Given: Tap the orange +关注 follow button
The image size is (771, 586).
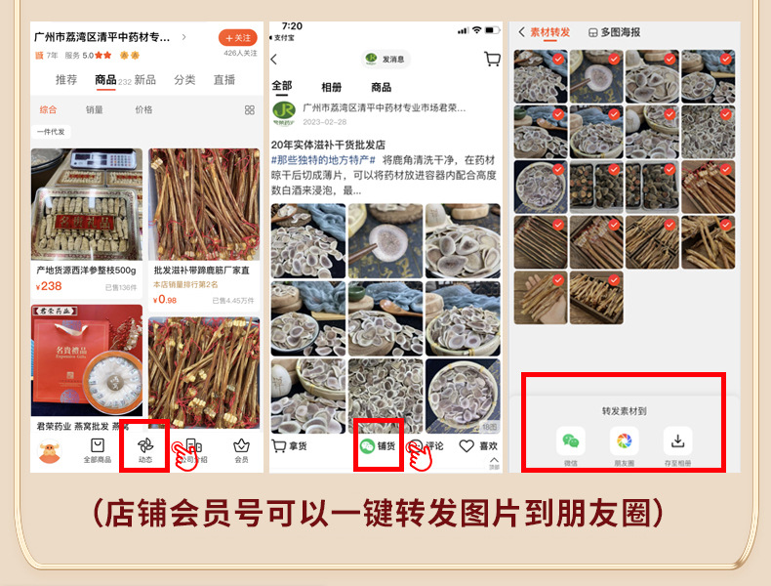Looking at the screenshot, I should click(x=237, y=37).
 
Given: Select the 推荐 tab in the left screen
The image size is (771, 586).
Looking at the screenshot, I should click(x=66, y=80).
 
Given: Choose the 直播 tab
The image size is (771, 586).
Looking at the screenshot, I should click(x=224, y=80).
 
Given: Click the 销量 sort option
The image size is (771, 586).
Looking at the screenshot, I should click(x=95, y=110).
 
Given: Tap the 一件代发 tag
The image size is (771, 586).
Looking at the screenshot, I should click(x=51, y=132).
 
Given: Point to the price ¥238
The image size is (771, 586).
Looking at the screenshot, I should click(x=49, y=286).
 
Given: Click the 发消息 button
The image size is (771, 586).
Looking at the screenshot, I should click(x=385, y=59).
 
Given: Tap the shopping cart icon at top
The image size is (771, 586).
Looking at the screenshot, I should click(x=492, y=59).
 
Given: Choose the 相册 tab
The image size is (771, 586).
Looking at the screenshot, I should click(x=332, y=87).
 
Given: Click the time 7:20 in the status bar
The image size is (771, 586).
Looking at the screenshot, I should click(x=292, y=26).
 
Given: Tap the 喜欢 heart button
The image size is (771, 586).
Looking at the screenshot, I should click(x=479, y=446).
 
